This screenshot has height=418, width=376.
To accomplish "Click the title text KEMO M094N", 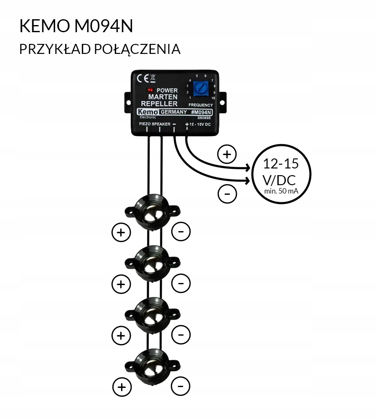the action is click(76, 26).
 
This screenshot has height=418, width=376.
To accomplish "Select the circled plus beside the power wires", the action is click(227, 154).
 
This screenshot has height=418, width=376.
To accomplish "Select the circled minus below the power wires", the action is click(227, 194).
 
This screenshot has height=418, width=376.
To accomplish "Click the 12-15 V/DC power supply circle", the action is click(280, 174).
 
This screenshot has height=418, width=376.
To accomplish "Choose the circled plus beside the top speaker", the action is click(122, 232).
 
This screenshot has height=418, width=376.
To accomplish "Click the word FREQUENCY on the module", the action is click(201, 105).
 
